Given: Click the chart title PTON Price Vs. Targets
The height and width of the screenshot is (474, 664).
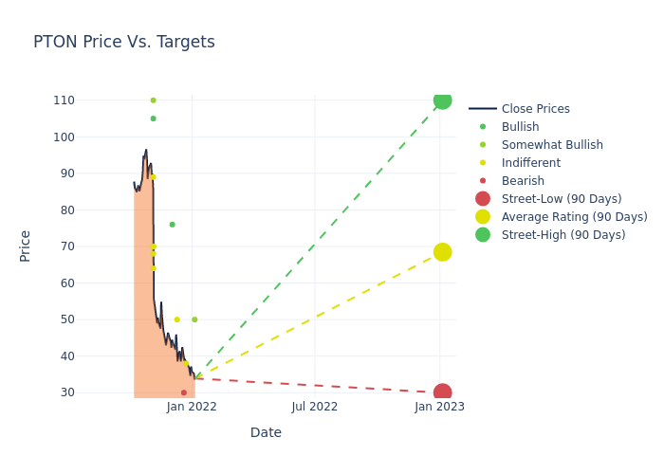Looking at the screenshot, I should coord(124,43).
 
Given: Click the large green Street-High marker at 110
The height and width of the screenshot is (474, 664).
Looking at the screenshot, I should coord(442,100).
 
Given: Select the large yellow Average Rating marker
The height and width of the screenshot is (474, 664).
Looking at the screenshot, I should coord(442,252).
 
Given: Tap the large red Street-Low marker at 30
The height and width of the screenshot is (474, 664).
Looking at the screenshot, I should coord(442,392).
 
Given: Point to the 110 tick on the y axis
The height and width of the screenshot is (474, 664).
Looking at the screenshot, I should coord(90,100).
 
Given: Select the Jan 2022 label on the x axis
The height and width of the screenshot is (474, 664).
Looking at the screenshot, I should coord(192,407).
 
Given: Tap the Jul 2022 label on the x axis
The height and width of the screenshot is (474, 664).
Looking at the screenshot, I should coord(315,407).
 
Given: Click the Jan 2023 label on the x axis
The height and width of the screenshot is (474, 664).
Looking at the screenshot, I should coord(439,407).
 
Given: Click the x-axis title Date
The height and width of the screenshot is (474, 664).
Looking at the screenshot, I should coord(266,433).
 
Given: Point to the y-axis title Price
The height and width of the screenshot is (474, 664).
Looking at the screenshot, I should coord(26,246).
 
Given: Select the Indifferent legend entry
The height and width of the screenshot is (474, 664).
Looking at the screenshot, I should coord(530,163).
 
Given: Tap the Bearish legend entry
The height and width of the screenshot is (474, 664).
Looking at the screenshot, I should coord(523,181).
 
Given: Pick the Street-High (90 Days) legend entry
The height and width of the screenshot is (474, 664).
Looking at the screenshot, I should coord(563,235).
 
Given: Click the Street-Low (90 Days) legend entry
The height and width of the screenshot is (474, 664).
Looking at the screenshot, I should coord(561,199).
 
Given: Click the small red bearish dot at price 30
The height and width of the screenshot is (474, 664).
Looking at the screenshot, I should coord(184,392).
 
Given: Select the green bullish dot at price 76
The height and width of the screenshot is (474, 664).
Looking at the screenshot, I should coord(172,225).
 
